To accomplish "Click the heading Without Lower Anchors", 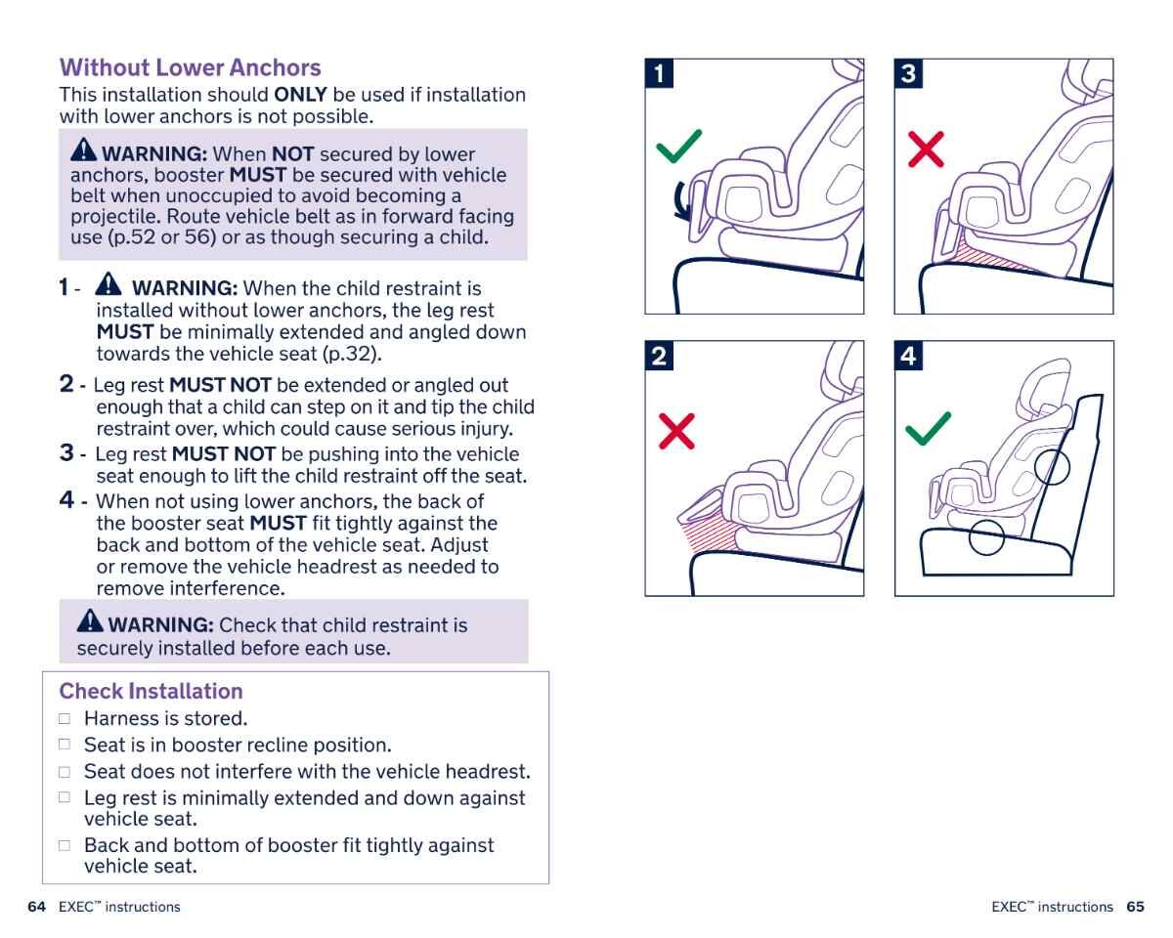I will click(190, 67).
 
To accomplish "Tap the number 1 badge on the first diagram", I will click(660, 73).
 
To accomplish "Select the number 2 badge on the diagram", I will click(660, 356).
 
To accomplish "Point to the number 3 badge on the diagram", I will click(909, 73).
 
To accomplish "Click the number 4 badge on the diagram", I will click(909, 356).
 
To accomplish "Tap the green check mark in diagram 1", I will click(678, 148).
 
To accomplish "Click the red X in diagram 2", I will click(676, 431).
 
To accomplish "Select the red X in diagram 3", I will click(926, 149).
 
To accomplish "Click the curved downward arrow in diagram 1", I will click(684, 201).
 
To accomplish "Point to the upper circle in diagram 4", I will click(1052, 465).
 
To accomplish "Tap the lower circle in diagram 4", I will click(986, 536).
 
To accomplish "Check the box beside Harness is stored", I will click(65, 719).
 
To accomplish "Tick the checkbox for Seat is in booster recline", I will click(65, 745).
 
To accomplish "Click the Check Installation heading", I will click(151, 691).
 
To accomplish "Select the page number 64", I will click(37, 907).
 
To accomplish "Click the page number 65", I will click(1135, 907).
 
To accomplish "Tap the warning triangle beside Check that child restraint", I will click(90, 621).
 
